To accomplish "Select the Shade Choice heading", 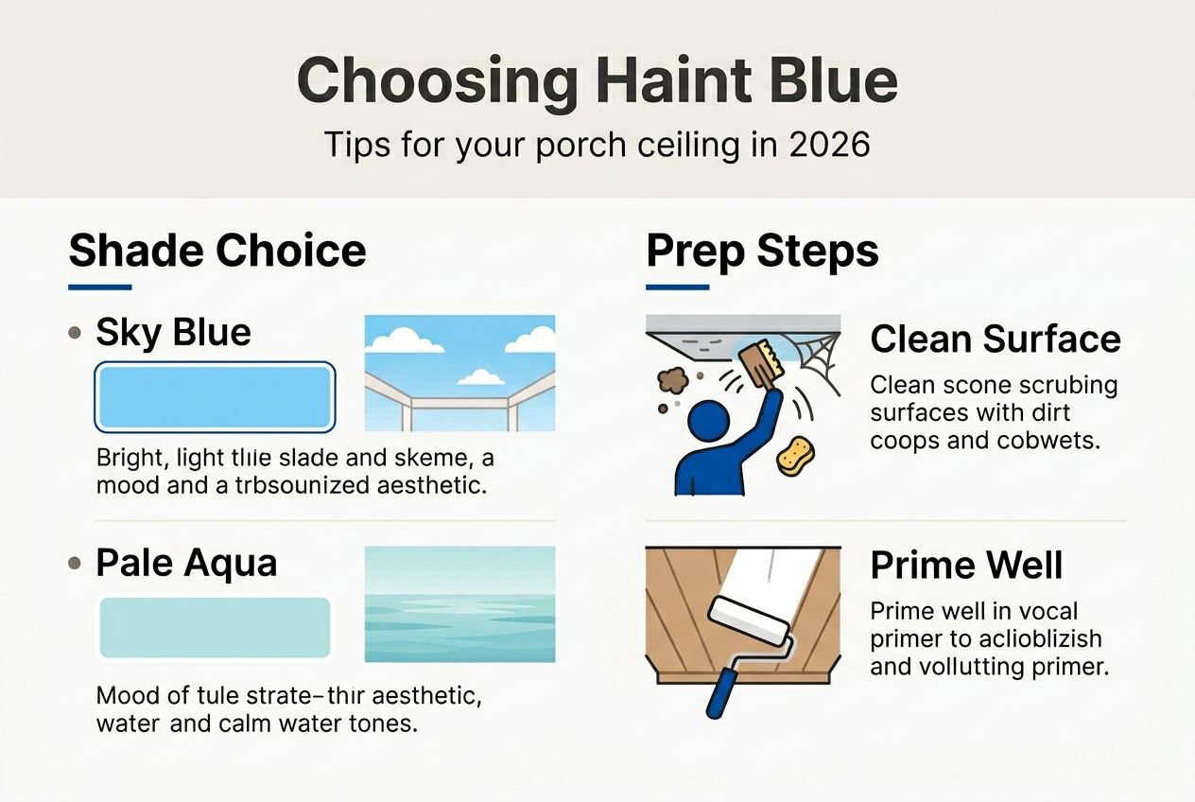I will pyautogui.click(x=217, y=252).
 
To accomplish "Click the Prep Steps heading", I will pyautogui.click(x=762, y=252).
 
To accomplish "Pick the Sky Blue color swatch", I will pyautogui.click(x=215, y=396).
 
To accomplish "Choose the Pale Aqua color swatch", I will pyautogui.click(x=215, y=627).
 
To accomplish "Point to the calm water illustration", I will pyautogui.click(x=459, y=604).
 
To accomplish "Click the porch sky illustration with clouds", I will pyautogui.click(x=459, y=374).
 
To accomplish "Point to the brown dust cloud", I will pyautogui.click(x=673, y=380).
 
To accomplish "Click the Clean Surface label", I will pyautogui.click(x=995, y=339).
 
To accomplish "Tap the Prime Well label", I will pyautogui.click(x=966, y=566).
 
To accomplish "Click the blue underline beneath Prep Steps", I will pyautogui.click(x=677, y=287).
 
